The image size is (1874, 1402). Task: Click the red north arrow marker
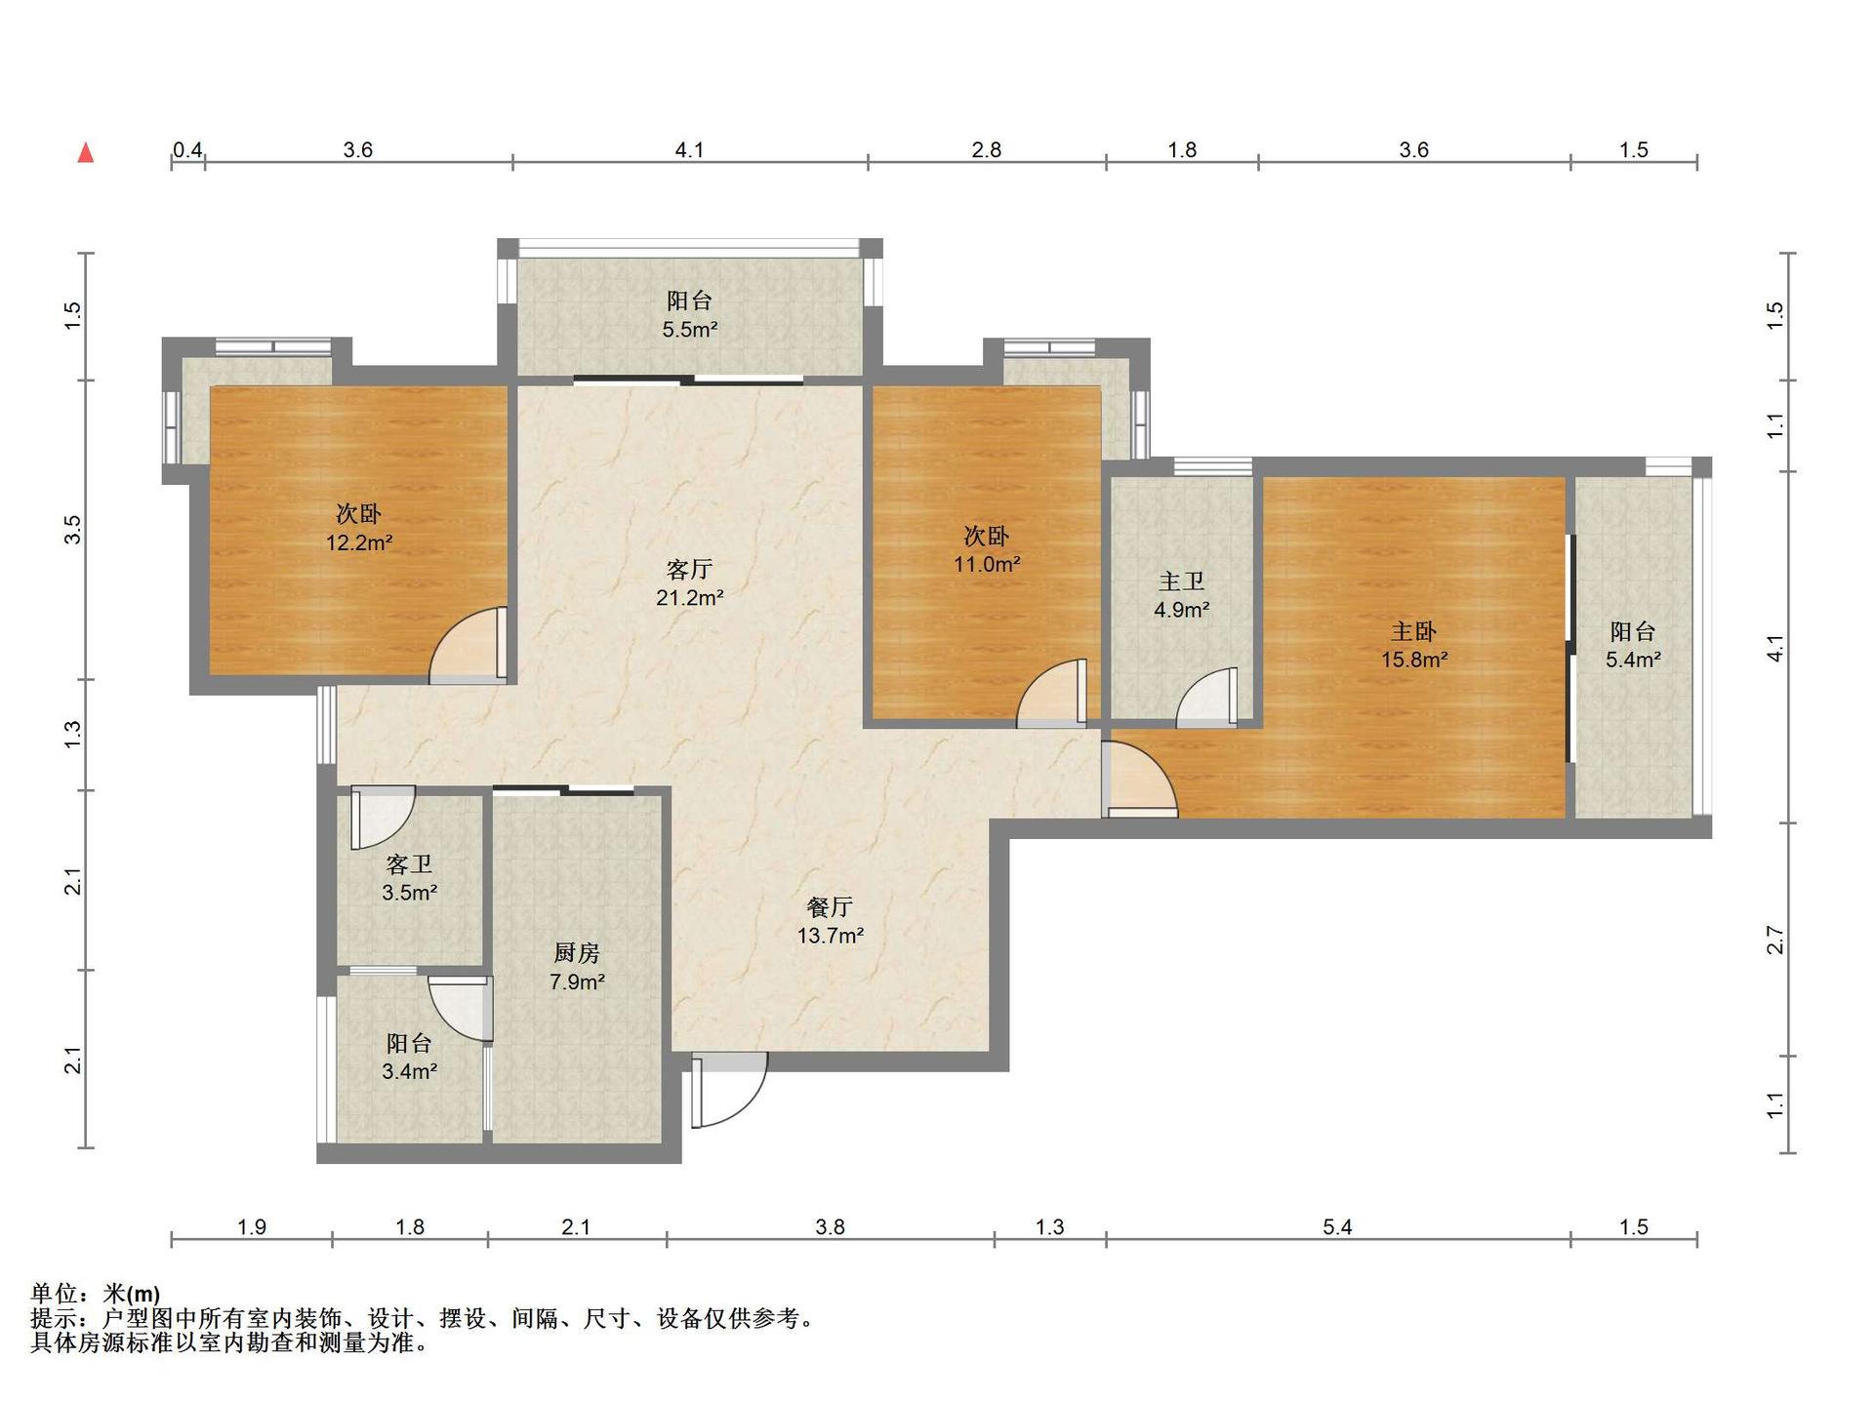(86, 152)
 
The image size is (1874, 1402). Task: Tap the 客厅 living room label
(689, 569)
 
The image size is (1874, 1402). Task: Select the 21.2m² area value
(689, 598)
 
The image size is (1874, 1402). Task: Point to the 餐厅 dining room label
(830, 907)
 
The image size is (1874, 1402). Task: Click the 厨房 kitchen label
(577, 953)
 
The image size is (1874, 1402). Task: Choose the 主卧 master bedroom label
(1413, 631)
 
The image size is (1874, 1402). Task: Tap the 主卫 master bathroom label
(1181, 581)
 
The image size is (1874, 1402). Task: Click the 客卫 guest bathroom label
(409, 864)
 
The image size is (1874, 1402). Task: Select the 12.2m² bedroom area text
(359, 543)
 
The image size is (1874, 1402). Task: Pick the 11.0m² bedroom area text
(987, 564)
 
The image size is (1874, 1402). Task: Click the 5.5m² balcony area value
(690, 330)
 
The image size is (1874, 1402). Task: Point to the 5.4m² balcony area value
(1633, 661)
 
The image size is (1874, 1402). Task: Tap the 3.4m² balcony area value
(409, 1072)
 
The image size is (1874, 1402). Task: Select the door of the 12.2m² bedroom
(468, 644)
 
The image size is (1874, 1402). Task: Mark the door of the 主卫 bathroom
(1207, 698)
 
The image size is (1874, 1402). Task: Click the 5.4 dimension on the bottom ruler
(1337, 1227)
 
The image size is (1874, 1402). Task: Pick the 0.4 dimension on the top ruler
(187, 150)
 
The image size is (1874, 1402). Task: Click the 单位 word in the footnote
(54, 1295)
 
